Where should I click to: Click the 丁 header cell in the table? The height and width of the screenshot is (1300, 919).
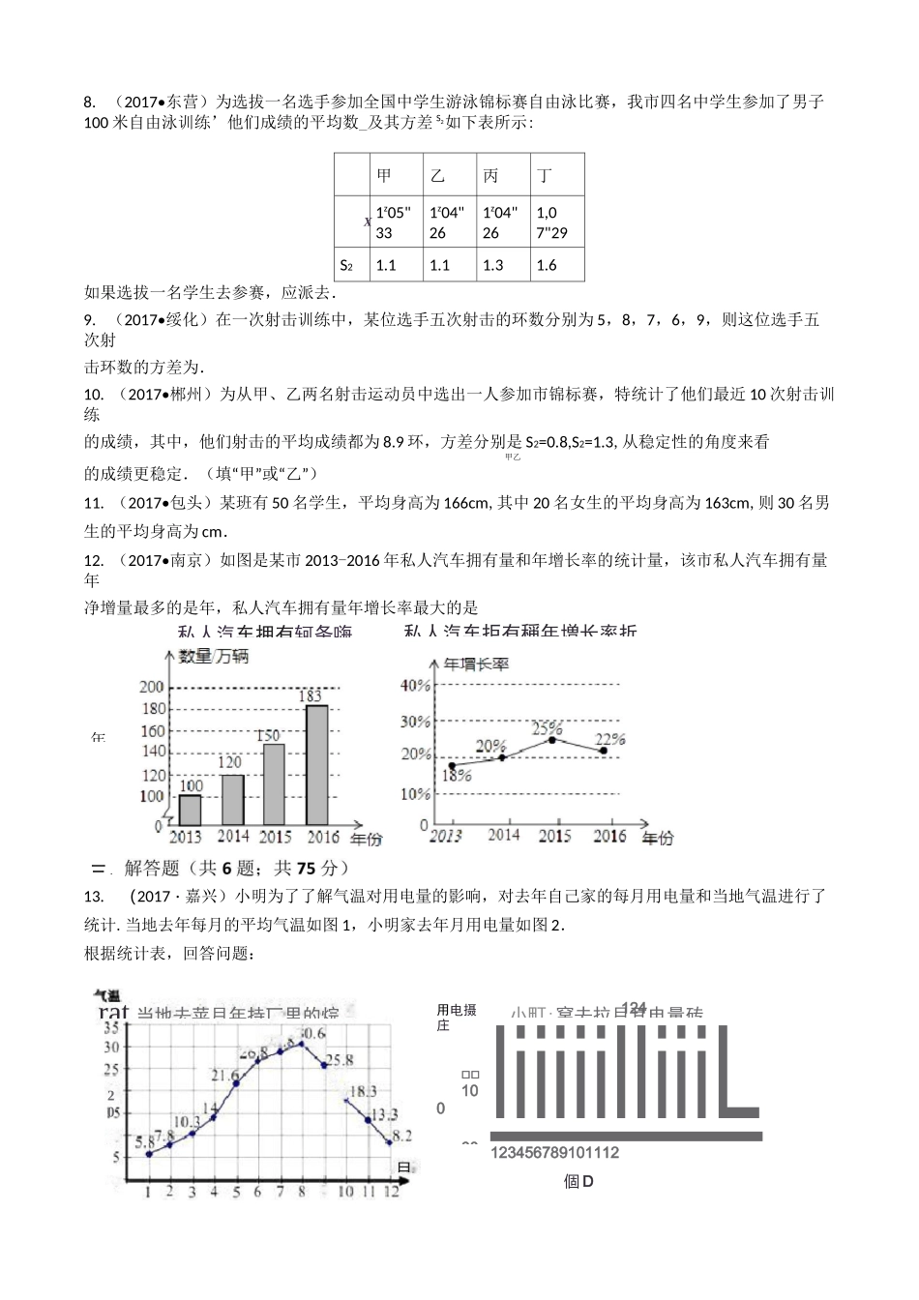pos(557,175)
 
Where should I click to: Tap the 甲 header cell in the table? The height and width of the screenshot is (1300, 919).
pos(397,175)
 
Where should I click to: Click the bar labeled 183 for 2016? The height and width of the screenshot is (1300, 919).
pos(316,764)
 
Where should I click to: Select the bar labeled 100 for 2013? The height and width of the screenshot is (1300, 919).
pos(191,810)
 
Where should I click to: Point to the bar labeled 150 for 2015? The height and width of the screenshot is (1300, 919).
pos(274,783)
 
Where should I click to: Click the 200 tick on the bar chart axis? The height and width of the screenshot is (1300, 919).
pos(152,688)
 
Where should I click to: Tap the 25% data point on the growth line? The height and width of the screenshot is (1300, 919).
pos(551,740)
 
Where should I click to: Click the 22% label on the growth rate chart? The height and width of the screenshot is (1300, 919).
pos(611,739)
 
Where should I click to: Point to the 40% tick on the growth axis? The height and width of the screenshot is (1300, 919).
pos(415,686)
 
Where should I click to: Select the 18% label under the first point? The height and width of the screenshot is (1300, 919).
pos(457,776)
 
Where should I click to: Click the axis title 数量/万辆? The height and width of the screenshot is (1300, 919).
pos(214,657)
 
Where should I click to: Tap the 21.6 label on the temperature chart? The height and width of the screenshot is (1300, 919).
pos(224,1076)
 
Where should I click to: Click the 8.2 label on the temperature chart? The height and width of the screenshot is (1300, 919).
pos(401,1136)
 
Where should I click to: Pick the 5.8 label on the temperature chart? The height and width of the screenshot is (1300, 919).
pos(145,1141)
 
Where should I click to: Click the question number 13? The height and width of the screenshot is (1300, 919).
pos(93,897)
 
